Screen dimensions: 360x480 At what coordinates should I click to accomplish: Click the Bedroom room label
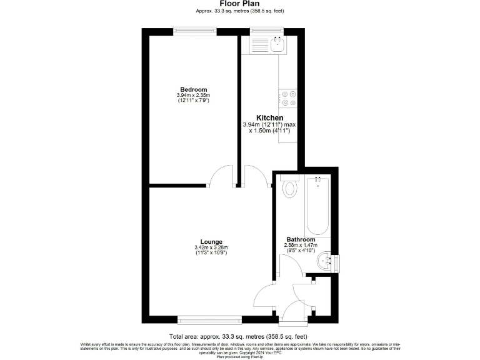point(193,90)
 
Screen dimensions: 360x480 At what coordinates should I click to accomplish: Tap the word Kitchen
point(270,117)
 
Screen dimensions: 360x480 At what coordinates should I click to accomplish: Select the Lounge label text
point(211,242)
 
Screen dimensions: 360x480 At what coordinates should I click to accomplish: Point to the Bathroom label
point(301,239)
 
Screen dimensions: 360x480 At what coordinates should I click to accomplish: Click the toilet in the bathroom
point(289,187)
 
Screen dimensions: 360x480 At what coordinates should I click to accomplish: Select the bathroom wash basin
point(324,262)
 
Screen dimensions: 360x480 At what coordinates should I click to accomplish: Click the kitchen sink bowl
point(277,44)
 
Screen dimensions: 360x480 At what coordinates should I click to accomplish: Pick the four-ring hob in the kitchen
point(288,99)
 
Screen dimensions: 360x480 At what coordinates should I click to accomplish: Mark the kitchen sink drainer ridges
point(259,45)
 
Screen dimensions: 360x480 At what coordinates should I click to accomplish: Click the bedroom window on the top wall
point(195,31)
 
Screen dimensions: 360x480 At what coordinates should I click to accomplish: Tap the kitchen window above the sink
point(266,31)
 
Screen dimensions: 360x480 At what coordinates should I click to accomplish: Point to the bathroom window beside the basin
point(335,262)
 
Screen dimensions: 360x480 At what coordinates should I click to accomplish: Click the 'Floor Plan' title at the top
point(239,4)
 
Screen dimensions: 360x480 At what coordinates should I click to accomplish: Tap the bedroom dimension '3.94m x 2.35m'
point(193,96)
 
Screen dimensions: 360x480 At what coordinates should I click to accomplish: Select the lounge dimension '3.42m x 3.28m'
point(211,248)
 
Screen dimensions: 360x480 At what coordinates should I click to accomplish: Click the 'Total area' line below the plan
point(239,336)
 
